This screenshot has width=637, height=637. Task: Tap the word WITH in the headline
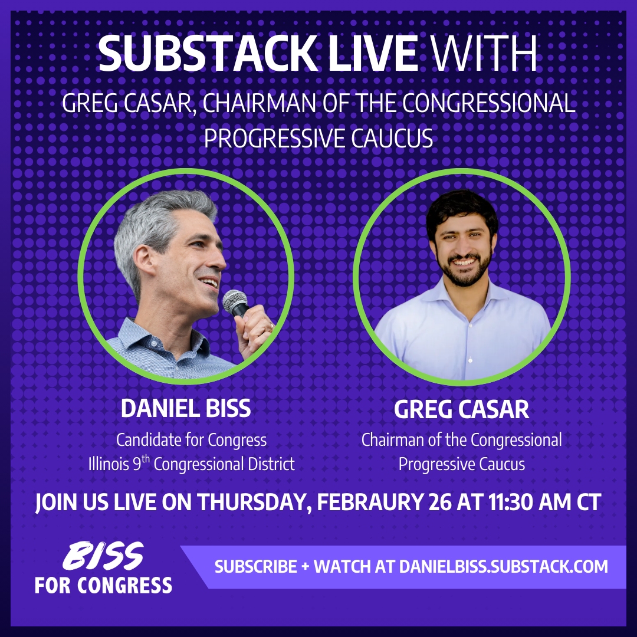tap(484, 53)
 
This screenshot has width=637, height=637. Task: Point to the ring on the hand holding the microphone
tap(271, 326)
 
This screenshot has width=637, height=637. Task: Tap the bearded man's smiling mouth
tap(464, 262)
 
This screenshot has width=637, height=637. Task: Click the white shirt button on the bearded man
tap(470, 360)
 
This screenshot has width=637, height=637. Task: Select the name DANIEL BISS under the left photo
tap(186, 408)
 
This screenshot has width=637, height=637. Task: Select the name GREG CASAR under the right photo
tap(461, 409)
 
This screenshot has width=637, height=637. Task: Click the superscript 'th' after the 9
tap(146, 459)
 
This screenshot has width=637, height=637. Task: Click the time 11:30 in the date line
tap(511, 502)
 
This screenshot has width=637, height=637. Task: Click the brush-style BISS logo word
tap(103, 556)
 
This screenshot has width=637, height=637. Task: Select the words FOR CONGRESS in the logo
tap(104, 586)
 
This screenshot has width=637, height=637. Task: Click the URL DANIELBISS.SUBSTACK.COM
tap(503, 567)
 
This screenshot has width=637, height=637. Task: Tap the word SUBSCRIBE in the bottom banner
tap(255, 567)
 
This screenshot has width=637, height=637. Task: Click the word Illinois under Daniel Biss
tap(108, 464)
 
